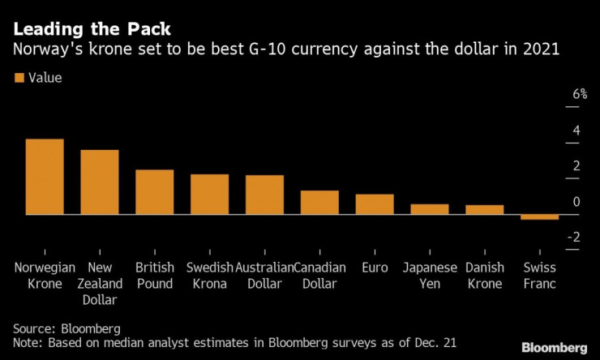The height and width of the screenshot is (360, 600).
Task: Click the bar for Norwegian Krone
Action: click(45, 177)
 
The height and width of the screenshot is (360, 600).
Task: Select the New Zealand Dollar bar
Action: click(100, 182)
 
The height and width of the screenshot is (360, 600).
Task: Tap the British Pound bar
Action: click(154, 192)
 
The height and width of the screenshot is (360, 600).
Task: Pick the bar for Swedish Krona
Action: click(209, 195)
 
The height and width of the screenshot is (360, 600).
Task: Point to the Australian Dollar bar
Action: click(264, 195)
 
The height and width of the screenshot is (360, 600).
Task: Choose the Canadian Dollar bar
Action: click(319, 203)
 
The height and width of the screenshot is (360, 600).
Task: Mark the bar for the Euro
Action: click(375, 204)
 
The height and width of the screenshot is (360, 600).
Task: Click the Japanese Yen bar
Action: click(430, 209)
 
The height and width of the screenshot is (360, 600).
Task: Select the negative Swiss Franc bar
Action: click(539, 217)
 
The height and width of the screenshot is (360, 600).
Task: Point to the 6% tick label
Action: click(579, 94)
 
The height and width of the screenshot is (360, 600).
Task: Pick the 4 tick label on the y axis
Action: click(576, 130)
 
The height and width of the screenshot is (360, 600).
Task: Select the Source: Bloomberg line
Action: click(67, 328)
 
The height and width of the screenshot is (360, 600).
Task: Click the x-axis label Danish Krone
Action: click(485, 276)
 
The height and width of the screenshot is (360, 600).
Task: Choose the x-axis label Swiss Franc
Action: click(539, 276)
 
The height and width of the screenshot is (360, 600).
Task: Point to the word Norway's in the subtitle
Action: click(45, 50)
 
